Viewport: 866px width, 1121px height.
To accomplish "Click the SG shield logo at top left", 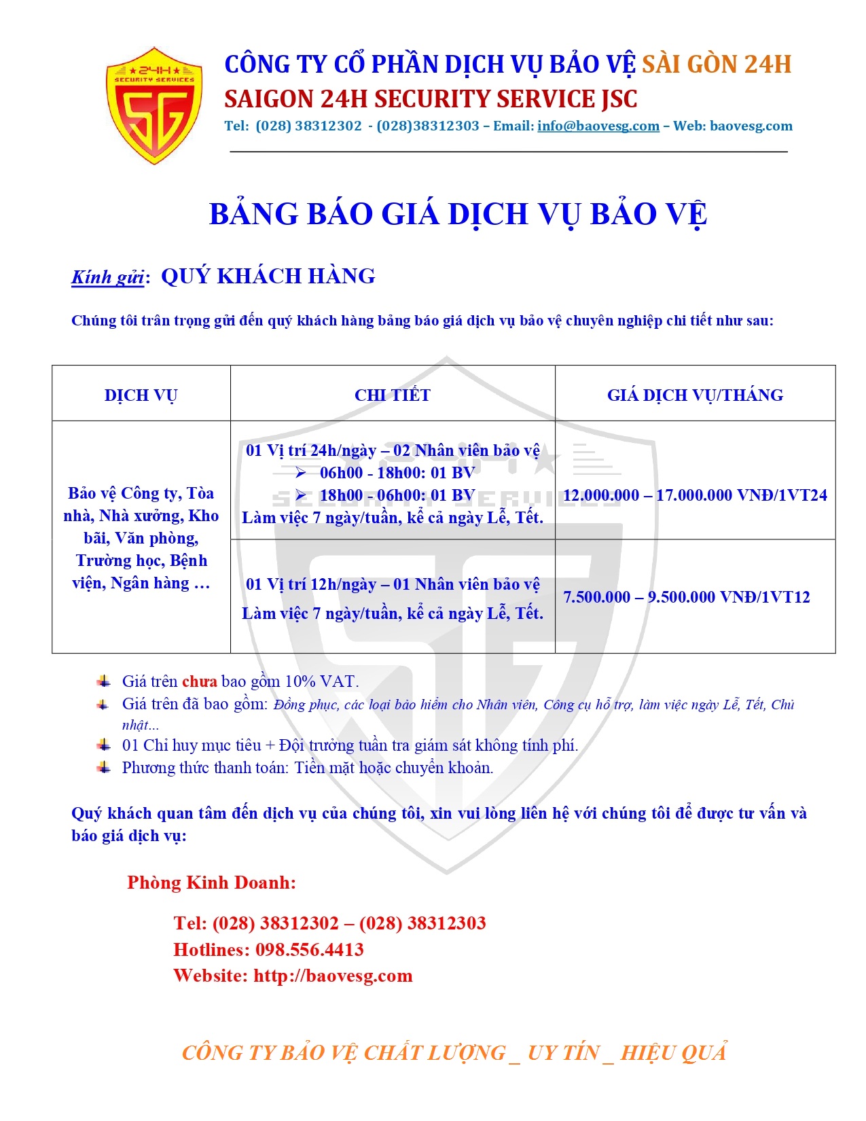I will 155,105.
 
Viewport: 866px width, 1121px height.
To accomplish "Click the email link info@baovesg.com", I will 598,126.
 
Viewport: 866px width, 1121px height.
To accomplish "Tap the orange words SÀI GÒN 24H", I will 717,65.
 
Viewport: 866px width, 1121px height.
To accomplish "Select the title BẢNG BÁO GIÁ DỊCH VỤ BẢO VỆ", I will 458,214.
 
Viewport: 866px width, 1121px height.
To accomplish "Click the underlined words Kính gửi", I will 107,277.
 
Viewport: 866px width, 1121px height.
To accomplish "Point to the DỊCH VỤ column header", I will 141,395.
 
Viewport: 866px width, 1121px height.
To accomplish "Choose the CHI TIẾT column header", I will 393,395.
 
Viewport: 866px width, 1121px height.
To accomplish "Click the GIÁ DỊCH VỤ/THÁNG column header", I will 695,395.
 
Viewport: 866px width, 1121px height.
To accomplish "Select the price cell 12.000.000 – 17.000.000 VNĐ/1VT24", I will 695,495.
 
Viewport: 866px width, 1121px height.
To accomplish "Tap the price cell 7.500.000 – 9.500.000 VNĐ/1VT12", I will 687,597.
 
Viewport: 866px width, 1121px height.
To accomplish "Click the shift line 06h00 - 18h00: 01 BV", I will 397,473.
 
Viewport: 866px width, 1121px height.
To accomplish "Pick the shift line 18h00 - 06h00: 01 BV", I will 397,495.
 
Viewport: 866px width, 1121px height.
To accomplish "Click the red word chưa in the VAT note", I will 200,681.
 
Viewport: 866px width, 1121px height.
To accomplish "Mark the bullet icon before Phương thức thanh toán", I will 103,767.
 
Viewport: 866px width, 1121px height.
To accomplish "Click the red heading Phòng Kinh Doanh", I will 211,883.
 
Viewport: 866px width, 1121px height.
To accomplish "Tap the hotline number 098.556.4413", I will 309,950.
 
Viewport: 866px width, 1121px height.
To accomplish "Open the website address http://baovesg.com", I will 333,976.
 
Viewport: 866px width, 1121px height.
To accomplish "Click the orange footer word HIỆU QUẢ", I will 673,1052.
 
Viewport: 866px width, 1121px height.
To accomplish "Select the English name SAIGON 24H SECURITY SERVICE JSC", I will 431,99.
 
